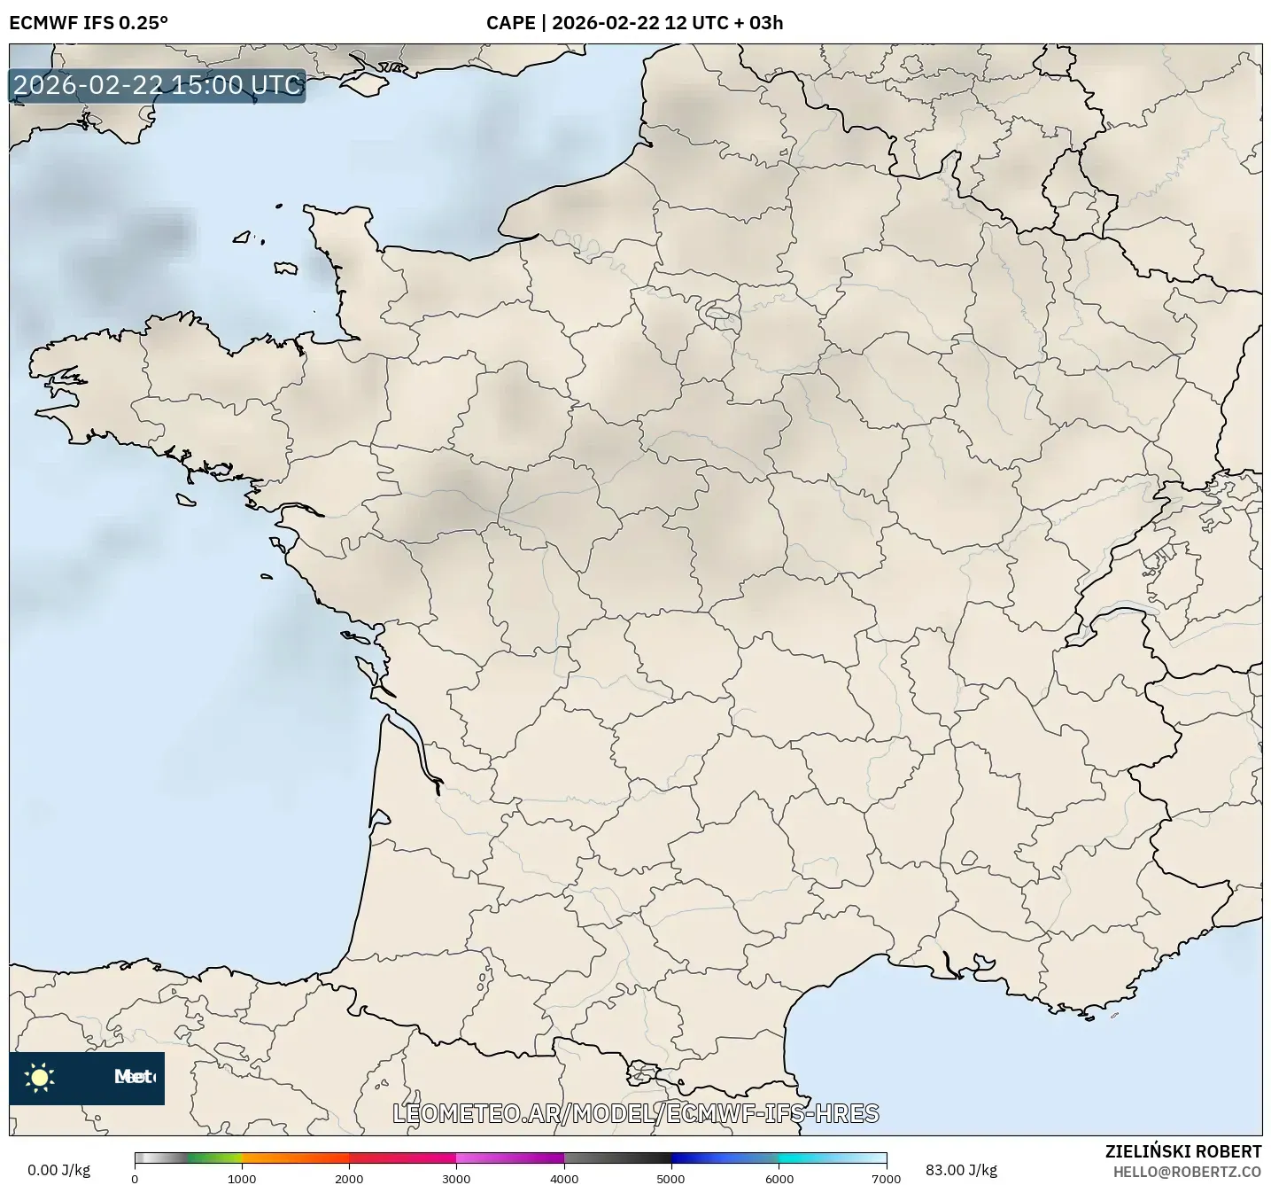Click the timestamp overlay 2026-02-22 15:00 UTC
(158, 85)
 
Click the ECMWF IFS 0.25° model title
(88, 22)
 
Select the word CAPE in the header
(510, 22)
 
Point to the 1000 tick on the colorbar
(242, 1177)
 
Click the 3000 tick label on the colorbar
(456, 1177)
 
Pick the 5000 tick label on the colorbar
(671, 1177)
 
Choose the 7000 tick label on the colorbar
(886, 1177)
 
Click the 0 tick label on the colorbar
(135, 1177)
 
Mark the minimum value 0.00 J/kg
(58, 1170)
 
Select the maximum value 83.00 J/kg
(961, 1170)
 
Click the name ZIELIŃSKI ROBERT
(1183, 1151)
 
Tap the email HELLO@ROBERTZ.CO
(1187, 1172)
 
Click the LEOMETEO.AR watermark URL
(635, 1113)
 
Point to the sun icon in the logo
(40, 1077)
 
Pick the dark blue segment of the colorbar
(700, 1158)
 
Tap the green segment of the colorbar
(213, 1158)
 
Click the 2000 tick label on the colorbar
(349, 1177)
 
